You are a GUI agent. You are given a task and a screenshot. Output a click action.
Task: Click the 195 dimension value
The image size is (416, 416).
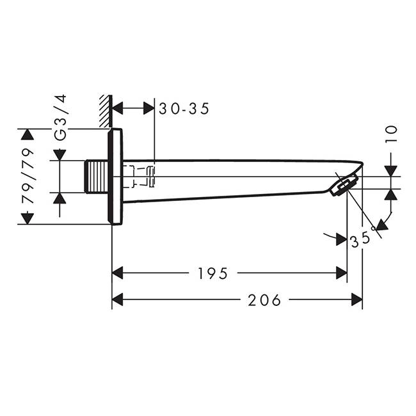(x=212, y=273)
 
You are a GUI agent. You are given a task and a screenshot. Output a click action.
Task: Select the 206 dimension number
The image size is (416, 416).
(x=264, y=300)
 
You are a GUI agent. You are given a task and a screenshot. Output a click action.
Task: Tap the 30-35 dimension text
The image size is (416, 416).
(x=184, y=109)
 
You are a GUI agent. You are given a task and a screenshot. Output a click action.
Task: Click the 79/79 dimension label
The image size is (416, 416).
(x=28, y=176)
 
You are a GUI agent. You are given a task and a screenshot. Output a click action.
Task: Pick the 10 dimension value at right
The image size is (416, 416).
(x=391, y=134)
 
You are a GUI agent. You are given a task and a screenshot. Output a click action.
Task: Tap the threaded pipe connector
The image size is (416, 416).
(x=96, y=177)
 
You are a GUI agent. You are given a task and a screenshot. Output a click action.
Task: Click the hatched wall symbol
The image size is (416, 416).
(x=106, y=111)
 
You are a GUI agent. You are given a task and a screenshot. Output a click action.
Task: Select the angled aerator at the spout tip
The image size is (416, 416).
(x=343, y=186)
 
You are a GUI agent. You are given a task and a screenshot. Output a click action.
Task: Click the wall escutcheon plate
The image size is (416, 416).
(x=115, y=177)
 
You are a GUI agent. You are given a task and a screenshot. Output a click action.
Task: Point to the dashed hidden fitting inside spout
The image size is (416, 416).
(x=139, y=177)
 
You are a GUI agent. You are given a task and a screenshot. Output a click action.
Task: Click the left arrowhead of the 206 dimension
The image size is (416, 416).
(x=117, y=300)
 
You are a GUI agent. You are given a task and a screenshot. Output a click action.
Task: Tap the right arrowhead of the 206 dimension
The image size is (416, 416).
(x=357, y=300)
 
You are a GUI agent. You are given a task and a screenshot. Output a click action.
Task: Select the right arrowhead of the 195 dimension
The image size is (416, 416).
(x=342, y=273)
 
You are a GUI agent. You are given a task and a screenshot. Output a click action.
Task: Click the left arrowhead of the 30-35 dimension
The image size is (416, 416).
(x=118, y=108)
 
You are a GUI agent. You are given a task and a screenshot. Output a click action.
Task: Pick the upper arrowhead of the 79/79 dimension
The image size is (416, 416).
(x=28, y=134)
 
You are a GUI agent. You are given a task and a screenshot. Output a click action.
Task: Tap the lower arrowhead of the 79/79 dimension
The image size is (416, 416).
(x=28, y=219)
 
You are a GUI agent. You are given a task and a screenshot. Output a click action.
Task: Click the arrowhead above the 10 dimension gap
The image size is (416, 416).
(x=391, y=171)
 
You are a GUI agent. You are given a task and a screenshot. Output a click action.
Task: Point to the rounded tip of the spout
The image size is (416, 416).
(x=360, y=164)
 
